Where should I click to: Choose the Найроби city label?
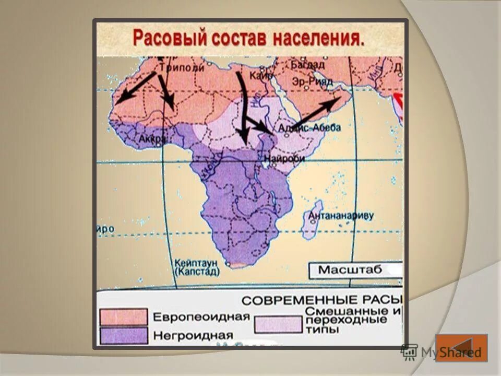[285, 158]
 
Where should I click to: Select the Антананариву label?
[341, 215]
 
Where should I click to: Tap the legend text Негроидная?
[193, 334]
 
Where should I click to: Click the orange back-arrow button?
[461, 348]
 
